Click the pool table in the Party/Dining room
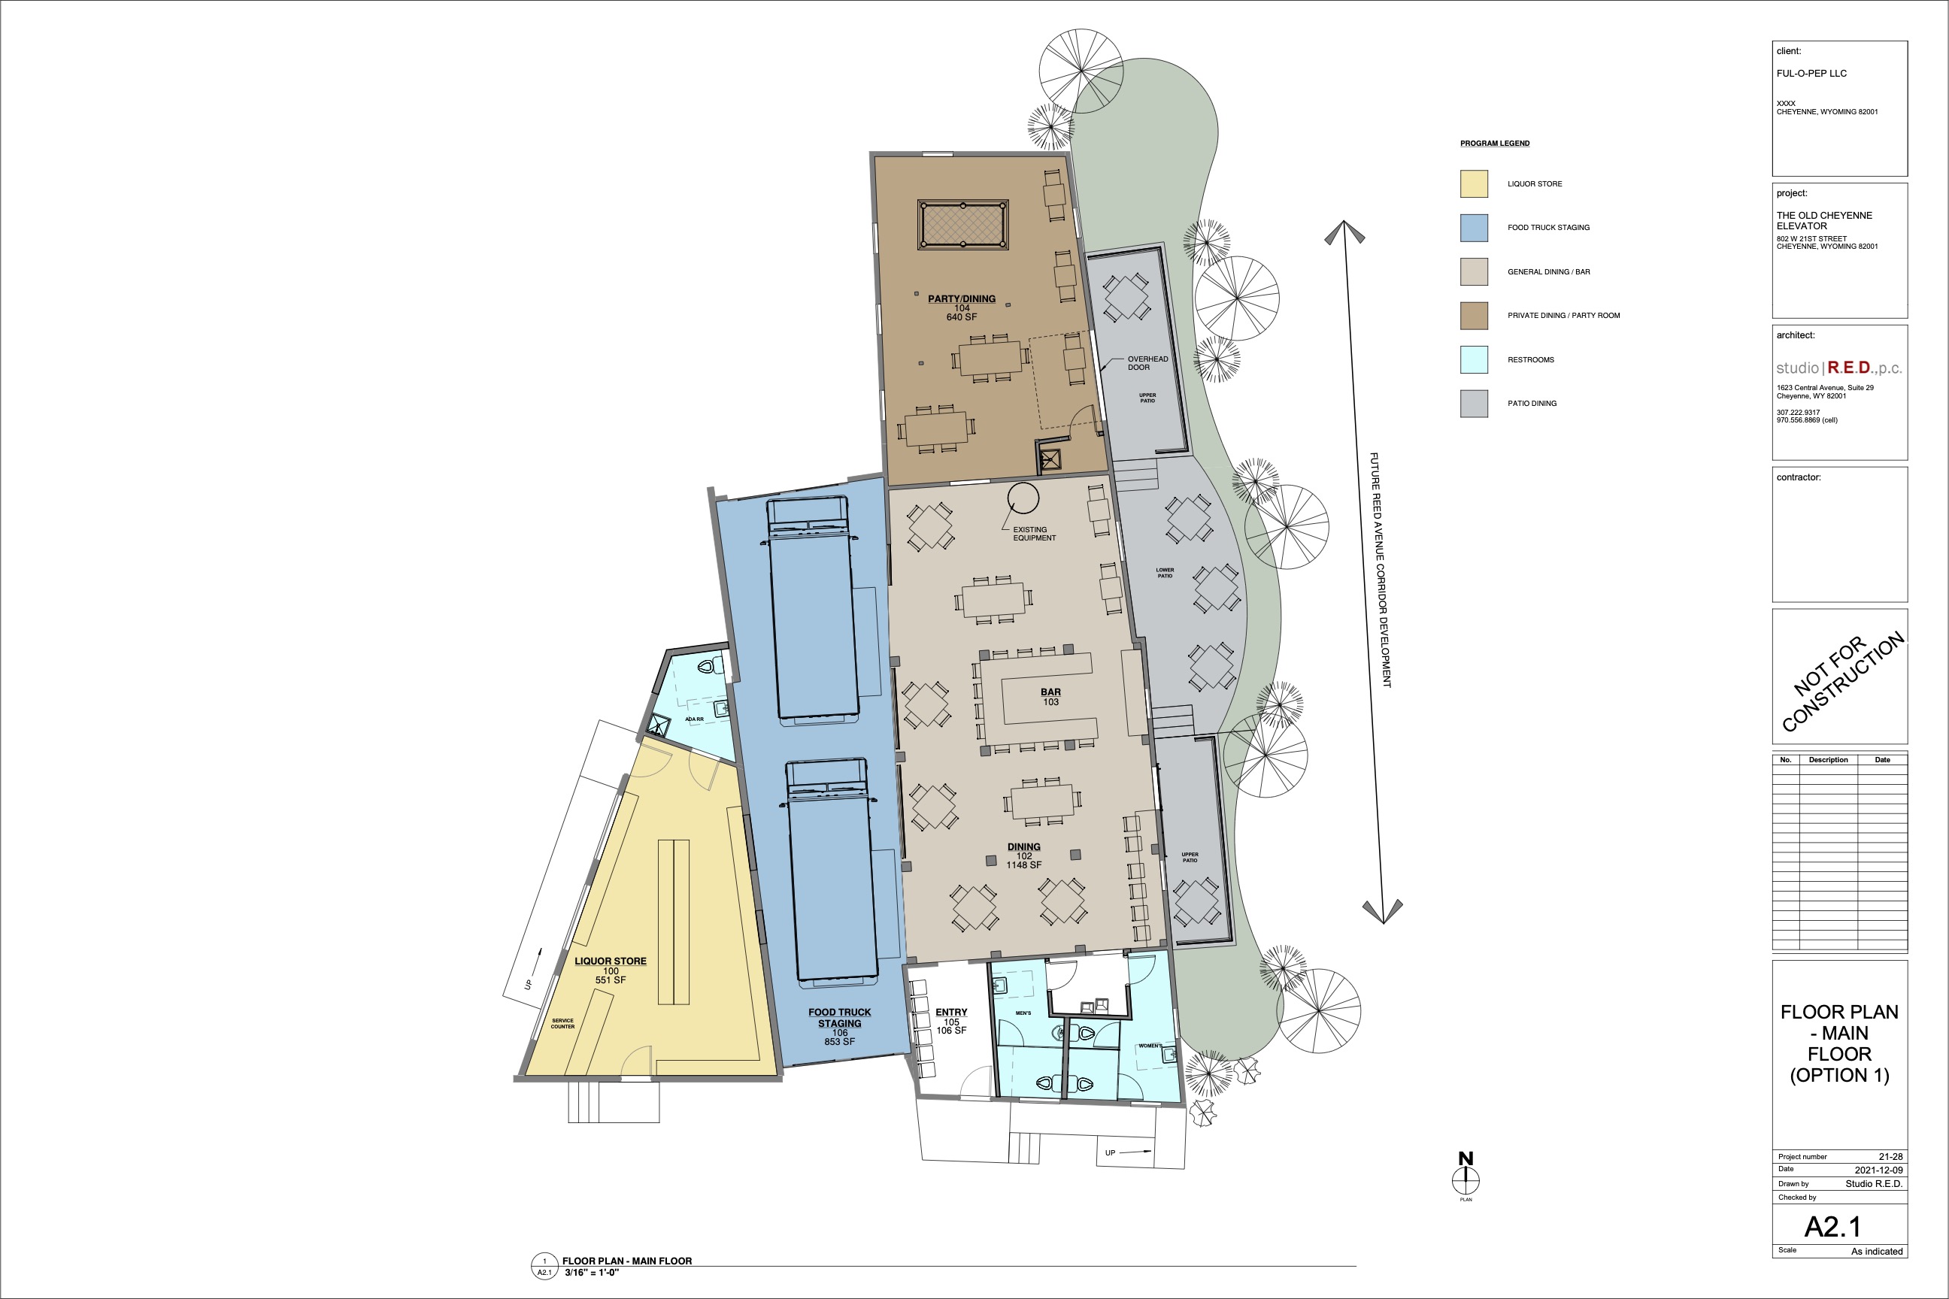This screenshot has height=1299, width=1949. pos(963,225)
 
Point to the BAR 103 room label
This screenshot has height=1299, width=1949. pos(1050,697)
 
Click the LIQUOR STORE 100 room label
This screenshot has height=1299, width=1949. pos(611,970)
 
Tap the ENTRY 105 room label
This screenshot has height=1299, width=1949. pos(951,1022)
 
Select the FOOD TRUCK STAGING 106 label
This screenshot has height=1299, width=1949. pos(839,1026)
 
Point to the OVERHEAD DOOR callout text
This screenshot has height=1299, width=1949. pos(1147,363)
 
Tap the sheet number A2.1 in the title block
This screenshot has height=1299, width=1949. pos(1833,1226)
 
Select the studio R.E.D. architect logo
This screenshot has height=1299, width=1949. pos(1838,368)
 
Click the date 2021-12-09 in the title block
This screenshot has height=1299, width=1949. pos(1878,1170)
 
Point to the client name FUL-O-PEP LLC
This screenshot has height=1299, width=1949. pos(1811,73)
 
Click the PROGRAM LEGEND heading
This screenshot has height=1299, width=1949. pos(1495,144)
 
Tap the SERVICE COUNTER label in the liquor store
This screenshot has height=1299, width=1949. pos(562,1023)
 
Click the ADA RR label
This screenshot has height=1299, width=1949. pos(695,719)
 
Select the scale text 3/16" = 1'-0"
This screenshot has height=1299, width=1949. pos(592,1273)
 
